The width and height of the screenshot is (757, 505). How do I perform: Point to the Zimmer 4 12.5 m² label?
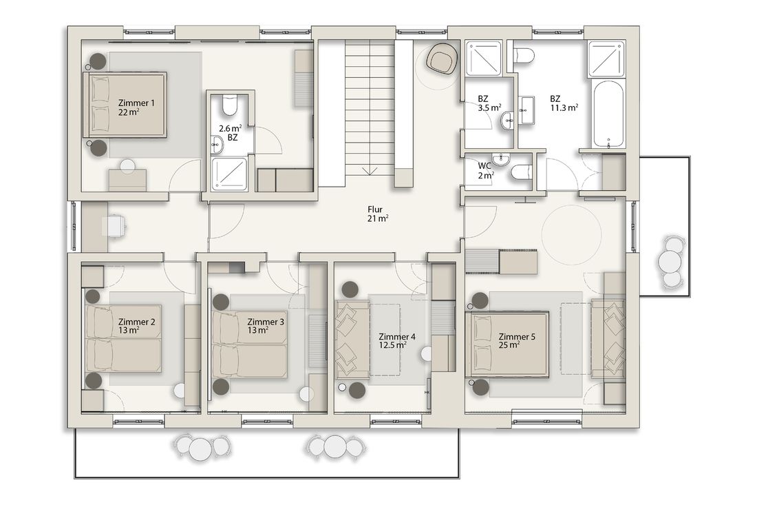397,341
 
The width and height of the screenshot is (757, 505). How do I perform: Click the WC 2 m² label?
486,171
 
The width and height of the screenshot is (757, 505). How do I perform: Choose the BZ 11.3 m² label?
564,103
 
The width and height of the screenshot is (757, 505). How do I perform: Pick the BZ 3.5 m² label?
489,103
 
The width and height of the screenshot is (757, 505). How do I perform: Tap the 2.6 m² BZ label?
231,133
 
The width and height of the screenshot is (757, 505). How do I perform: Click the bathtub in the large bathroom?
609,114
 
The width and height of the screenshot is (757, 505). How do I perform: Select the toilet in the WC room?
521,172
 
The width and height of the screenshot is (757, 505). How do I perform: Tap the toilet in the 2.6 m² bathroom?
230,105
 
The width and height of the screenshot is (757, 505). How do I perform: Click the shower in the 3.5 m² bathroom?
483,59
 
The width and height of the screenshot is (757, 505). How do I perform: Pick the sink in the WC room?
501,158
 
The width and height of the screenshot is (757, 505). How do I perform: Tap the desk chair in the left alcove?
116,226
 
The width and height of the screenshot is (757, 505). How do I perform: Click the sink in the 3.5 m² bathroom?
507,120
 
